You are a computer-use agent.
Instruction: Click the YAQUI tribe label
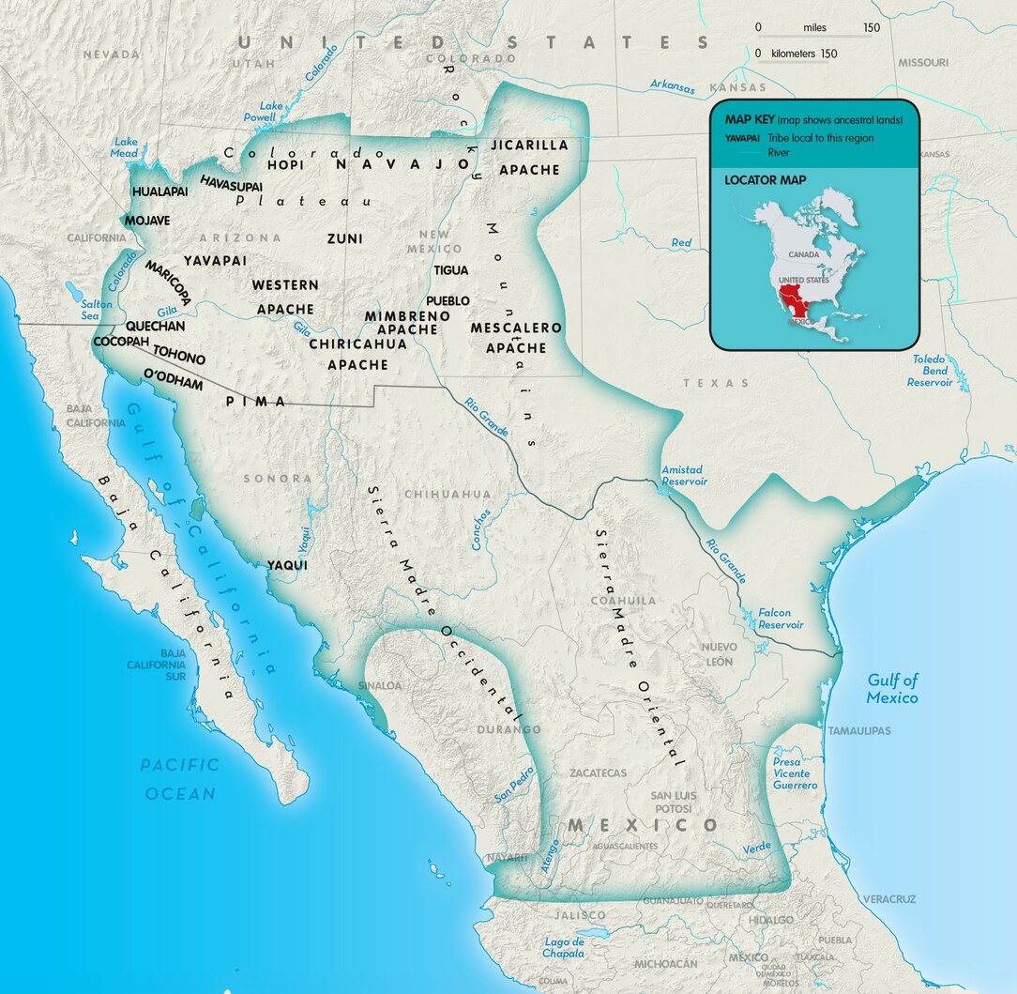(287, 565)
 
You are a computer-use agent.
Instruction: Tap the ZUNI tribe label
(344, 238)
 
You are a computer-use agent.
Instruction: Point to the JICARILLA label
(529, 145)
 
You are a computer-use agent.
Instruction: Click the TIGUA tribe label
(450, 270)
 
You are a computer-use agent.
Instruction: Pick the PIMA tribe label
(256, 401)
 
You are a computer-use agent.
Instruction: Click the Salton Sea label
(96, 311)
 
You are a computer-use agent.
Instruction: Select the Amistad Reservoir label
(684, 475)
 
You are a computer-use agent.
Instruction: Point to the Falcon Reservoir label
(781, 619)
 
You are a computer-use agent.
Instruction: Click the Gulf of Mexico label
(892, 689)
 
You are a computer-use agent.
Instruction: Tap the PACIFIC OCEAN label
(180, 779)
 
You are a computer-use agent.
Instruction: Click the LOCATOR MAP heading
(765, 179)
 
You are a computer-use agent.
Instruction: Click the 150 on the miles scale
(872, 28)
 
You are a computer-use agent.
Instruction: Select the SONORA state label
(277, 478)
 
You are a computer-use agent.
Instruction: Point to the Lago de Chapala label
(563, 947)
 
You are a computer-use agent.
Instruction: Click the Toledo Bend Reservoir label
(929, 371)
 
